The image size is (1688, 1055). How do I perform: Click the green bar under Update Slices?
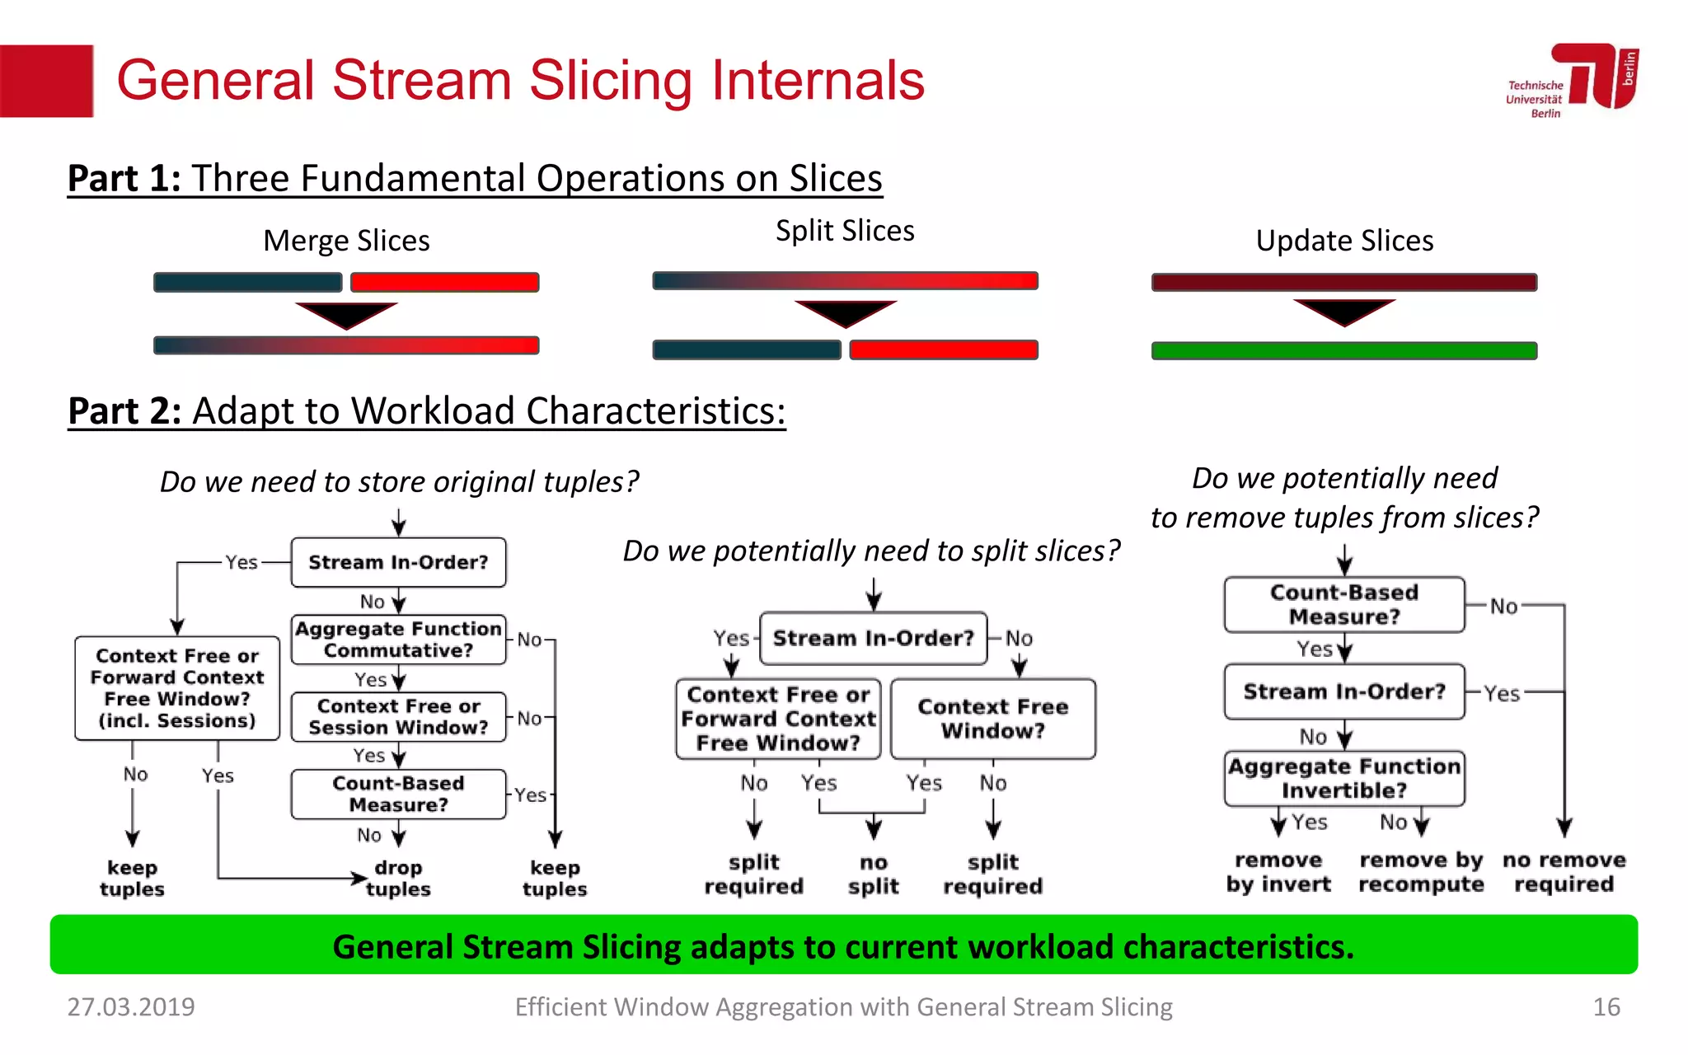[1343, 351]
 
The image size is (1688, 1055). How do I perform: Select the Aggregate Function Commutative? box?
[398, 640]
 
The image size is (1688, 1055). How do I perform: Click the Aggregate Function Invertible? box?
[1343, 778]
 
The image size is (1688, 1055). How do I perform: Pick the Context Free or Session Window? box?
[398, 717]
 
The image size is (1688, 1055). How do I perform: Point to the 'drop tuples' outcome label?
[398, 878]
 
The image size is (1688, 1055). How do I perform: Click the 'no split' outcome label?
[873, 874]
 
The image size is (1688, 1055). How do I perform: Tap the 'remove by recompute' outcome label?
[1421, 872]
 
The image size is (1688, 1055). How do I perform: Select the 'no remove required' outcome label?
[1564, 872]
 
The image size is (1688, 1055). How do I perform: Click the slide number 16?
[1606, 1006]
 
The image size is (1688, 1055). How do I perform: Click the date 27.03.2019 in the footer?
[131, 1006]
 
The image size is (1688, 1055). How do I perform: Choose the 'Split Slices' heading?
[845, 231]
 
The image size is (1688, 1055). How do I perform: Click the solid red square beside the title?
[46, 81]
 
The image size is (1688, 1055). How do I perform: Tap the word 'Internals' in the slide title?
[818, 81]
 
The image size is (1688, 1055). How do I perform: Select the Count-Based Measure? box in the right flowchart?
[1343, 605]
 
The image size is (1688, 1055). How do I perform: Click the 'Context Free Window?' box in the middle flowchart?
[992, 719]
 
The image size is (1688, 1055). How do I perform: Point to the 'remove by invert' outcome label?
[1278, 872]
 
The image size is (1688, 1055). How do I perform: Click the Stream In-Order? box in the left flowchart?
[398, 562]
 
